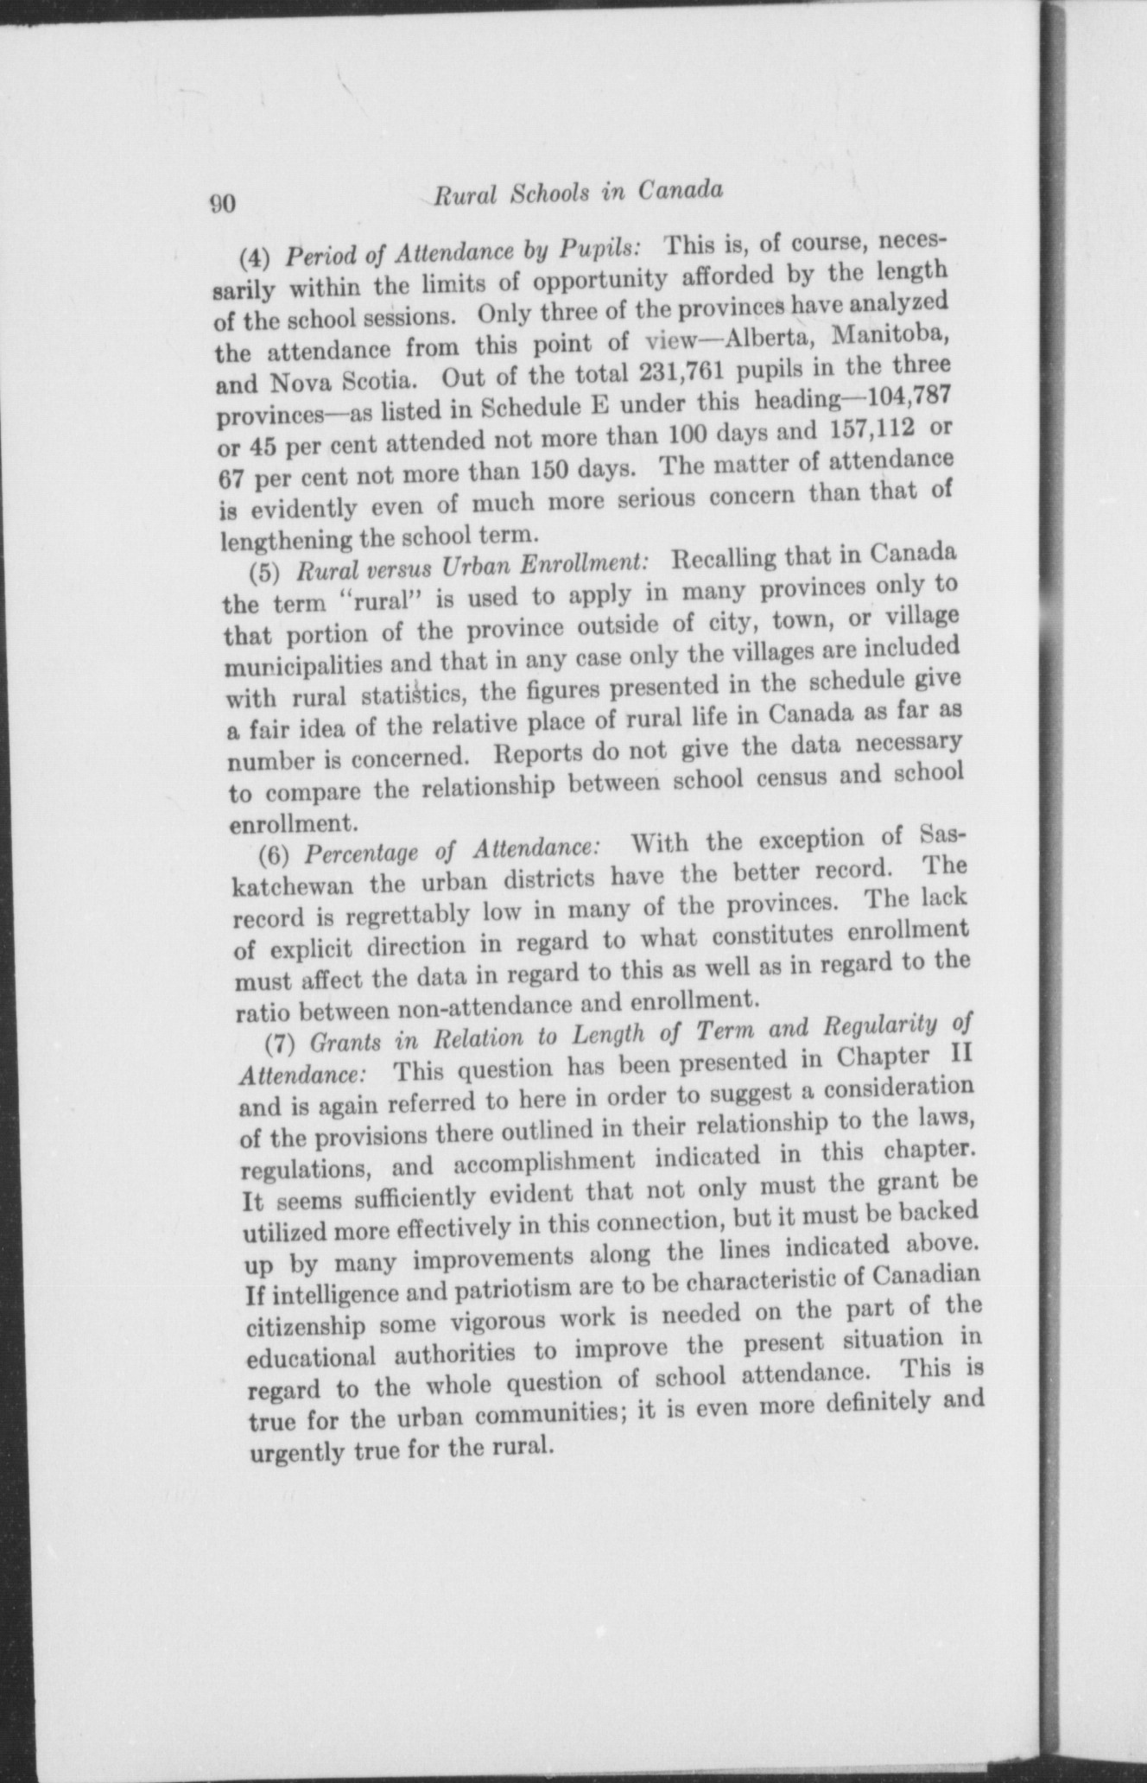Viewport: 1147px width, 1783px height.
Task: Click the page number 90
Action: point(222,204)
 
